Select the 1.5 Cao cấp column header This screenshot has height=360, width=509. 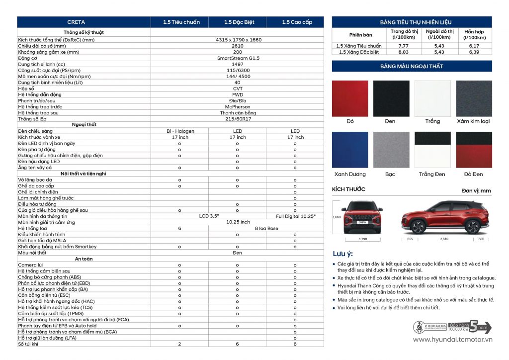295,22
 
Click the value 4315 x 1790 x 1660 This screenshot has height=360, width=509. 238,40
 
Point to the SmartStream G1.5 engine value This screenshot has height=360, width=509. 238,58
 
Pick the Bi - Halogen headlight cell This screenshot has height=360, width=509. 179,131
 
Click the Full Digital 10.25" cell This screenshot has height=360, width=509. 295,216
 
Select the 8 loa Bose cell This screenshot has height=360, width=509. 266,229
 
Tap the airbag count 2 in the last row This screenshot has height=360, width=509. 179,344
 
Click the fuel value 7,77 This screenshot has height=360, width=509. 401,46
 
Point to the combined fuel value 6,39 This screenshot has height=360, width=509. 474,52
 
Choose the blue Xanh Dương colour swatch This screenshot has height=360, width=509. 350,150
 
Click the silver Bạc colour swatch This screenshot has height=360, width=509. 391,150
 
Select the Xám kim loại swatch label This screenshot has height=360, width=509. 473,121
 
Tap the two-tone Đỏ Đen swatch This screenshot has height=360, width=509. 474,150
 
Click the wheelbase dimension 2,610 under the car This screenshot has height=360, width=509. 443,239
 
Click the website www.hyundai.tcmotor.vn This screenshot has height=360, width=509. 452,340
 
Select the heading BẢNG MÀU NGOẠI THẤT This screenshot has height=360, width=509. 412,66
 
